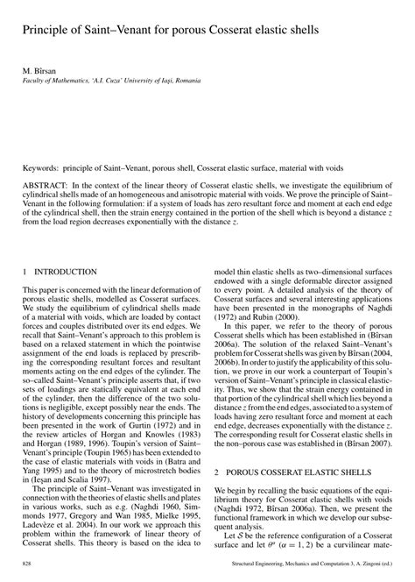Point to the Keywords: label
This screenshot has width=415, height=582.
[x=42, y=167]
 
